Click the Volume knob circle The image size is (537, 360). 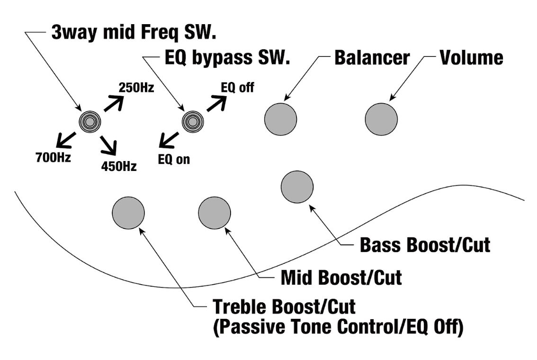tap(381, 119)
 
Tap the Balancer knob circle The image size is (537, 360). tap(280, 119)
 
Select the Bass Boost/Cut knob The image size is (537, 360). tap(297, 187)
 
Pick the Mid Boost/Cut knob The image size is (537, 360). tap(215, 213)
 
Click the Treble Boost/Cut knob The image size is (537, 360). tap(128, 212)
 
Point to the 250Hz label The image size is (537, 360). tap(136, 88)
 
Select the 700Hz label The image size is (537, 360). tap(53, 158)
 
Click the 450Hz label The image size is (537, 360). tap(119, 166)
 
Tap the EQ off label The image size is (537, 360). tap(237, 88)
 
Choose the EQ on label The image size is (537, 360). tap(174, 160)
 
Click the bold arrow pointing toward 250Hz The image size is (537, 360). tap(113, 103)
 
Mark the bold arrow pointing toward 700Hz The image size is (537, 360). tap(66, 139)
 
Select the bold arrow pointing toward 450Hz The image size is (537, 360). tap(109, 144)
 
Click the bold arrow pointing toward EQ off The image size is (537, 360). tap(216, 103)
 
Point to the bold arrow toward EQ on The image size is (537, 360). tap(169, 139)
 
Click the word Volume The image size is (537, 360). tap(472, 57)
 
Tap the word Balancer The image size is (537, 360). tap(372, 57)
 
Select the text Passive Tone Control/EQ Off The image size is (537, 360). tap(338, 327)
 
